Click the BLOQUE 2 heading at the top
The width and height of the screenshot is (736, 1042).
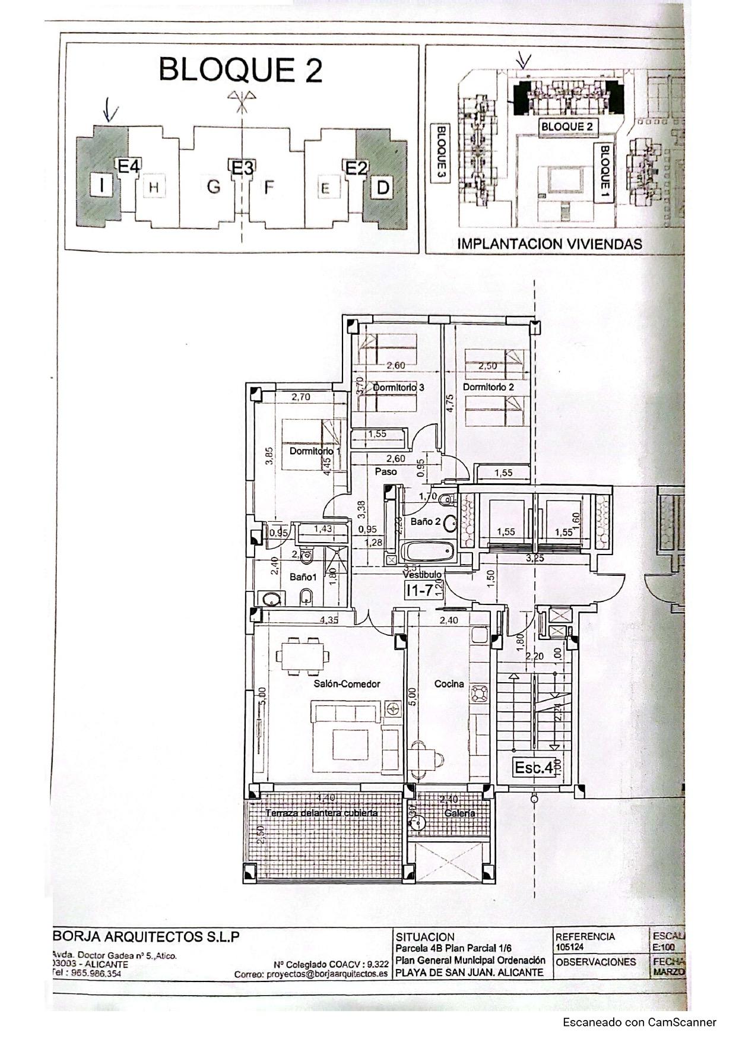click(x=240, y=70)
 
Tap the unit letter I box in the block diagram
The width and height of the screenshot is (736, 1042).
click(x=102, y=186)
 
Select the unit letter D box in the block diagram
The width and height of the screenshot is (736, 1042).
click(x=383, y=188)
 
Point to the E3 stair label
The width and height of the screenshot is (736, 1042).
click(x=242, y=169)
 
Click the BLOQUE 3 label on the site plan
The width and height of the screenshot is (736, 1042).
click(x=440, y=154)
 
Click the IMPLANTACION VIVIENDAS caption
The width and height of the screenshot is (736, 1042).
click(x=550, y=243)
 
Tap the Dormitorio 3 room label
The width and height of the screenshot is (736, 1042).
click(x=398, y=387)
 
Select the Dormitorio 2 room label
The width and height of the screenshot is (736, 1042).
click(x=488, y=387)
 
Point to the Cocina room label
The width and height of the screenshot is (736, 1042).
click(x=449, y=684)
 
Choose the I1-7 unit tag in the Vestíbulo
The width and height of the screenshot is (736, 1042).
click(x=419, y=590)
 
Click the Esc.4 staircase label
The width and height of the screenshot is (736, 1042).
click(x=533, y=768)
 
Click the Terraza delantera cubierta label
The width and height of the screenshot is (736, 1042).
click(x=321, y=813)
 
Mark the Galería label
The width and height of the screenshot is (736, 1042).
click(x=459, y=813)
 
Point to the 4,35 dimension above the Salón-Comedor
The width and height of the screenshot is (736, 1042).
click(x=329, y=620)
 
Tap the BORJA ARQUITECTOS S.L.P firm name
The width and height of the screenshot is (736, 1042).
click(x=146, y=937)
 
